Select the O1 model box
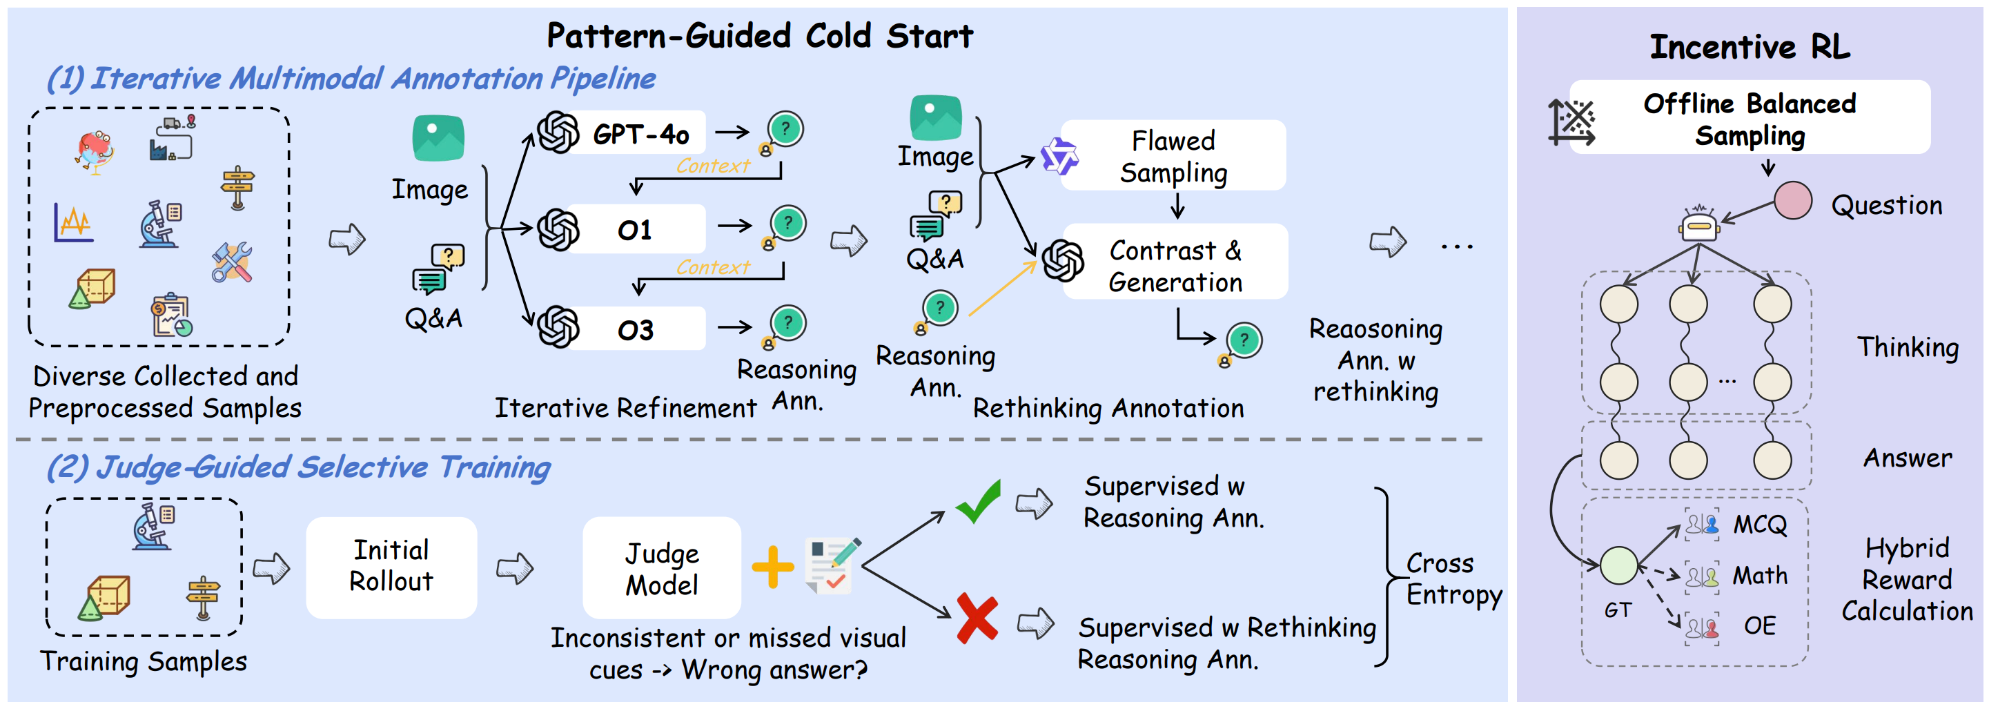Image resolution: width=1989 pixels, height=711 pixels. point(635,229)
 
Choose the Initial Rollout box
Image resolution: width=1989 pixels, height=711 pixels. point(391,566)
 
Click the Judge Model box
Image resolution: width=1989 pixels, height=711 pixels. point(662,568)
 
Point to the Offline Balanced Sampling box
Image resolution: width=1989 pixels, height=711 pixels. point(1749,118)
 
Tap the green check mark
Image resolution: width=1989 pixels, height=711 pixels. point(979,501)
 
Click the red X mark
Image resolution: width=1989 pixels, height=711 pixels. point(977,619)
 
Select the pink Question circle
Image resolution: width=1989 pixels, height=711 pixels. point(1792,201)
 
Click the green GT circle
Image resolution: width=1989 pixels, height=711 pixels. point(1618,565)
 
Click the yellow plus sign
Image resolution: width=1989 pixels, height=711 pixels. point(772,567)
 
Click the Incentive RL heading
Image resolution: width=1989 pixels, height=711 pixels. point(1750,46)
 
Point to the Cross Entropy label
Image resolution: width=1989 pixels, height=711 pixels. point(1453,579)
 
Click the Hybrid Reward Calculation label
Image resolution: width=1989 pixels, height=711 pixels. point(1906,579)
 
